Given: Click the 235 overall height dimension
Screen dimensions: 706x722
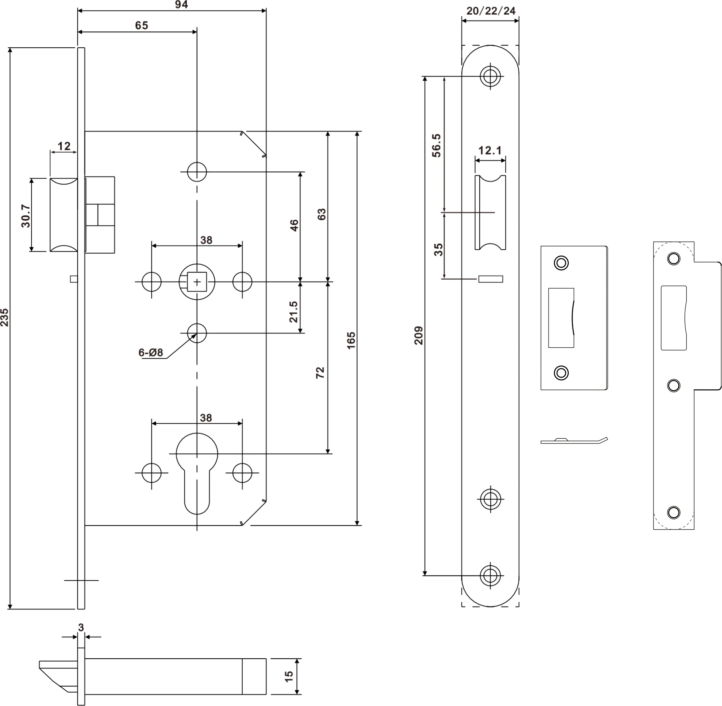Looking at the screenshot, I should [x=5, y=317].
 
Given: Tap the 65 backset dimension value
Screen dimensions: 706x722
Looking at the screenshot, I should [x=141, y=25].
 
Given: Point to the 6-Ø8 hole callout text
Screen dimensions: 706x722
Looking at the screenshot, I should [x=151, y=353].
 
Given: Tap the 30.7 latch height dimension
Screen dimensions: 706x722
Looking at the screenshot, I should [x=25, y=216].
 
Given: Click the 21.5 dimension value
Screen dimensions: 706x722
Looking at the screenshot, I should [x=293, y=311].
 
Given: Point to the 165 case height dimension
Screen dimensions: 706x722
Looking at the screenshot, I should [x=351, y=340].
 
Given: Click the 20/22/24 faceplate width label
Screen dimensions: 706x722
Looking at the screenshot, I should [x=490, y=11].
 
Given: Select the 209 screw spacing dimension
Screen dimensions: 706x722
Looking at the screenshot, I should [x=419, y=336].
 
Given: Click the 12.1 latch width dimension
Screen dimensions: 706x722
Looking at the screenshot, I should [x=490, y=150].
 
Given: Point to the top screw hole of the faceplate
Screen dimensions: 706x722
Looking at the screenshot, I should [x=490, y=76].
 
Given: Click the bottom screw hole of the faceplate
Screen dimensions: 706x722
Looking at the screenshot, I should [x=490, y=576].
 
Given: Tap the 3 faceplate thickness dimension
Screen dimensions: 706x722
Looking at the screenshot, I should [x=81, y=627].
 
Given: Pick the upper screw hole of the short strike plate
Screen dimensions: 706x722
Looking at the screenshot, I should [x=561, y=263].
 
